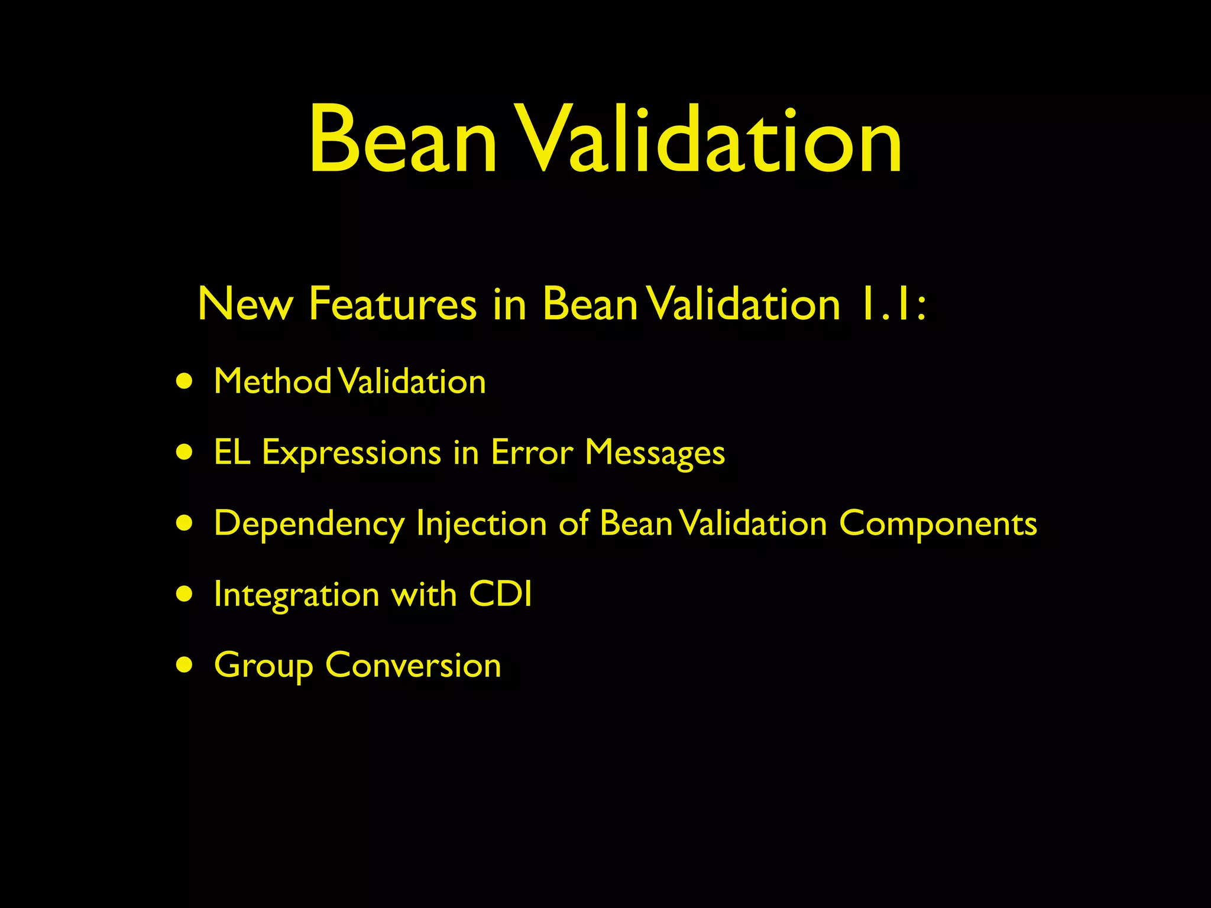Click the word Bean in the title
402,141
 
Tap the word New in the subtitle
245,304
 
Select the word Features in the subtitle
392,304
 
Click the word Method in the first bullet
273,381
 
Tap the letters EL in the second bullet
232,453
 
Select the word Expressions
351,454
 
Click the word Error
532,453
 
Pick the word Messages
655,454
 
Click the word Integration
296,595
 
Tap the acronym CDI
500,594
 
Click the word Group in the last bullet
263,666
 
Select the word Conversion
413,666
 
